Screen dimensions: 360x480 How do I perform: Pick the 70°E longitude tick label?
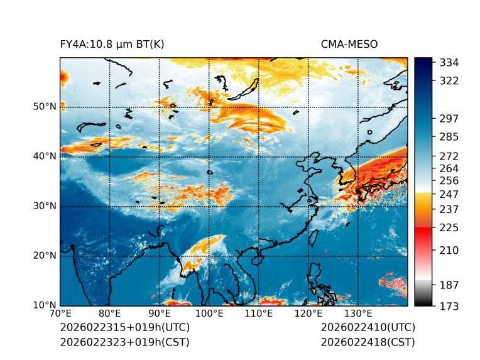60,314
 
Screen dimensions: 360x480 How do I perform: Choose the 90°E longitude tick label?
160,314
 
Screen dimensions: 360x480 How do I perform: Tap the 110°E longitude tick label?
258,314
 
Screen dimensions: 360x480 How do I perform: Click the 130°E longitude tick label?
358,314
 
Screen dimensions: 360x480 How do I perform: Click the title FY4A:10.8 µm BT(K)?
112,44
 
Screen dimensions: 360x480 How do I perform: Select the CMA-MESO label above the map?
349,44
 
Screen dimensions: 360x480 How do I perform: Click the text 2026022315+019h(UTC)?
124,328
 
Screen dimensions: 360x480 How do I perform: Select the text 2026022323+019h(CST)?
124,342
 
